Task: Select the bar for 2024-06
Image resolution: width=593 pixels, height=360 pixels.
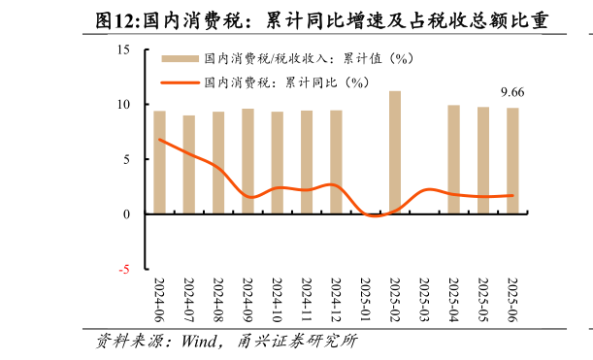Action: click(x=160, y=162)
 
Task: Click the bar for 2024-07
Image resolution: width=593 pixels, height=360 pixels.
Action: click(x=189, y=164)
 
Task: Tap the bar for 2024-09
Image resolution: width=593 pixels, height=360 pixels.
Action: click(x=247, y=161)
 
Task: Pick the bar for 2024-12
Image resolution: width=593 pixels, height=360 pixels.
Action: click(x=336, y=162)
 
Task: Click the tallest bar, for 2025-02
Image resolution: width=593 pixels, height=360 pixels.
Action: click(x=395, y=152)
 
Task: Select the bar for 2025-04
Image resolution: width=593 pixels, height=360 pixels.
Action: click(x=453, y=159)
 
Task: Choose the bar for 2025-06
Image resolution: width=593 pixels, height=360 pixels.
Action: click(x=511, y=160)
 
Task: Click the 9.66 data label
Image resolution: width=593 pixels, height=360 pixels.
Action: click(x=512, y=92)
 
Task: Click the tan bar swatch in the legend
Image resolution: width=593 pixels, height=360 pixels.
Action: click(x=175, y=58)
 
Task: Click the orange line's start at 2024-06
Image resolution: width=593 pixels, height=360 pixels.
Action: click(x=160, y=140)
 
